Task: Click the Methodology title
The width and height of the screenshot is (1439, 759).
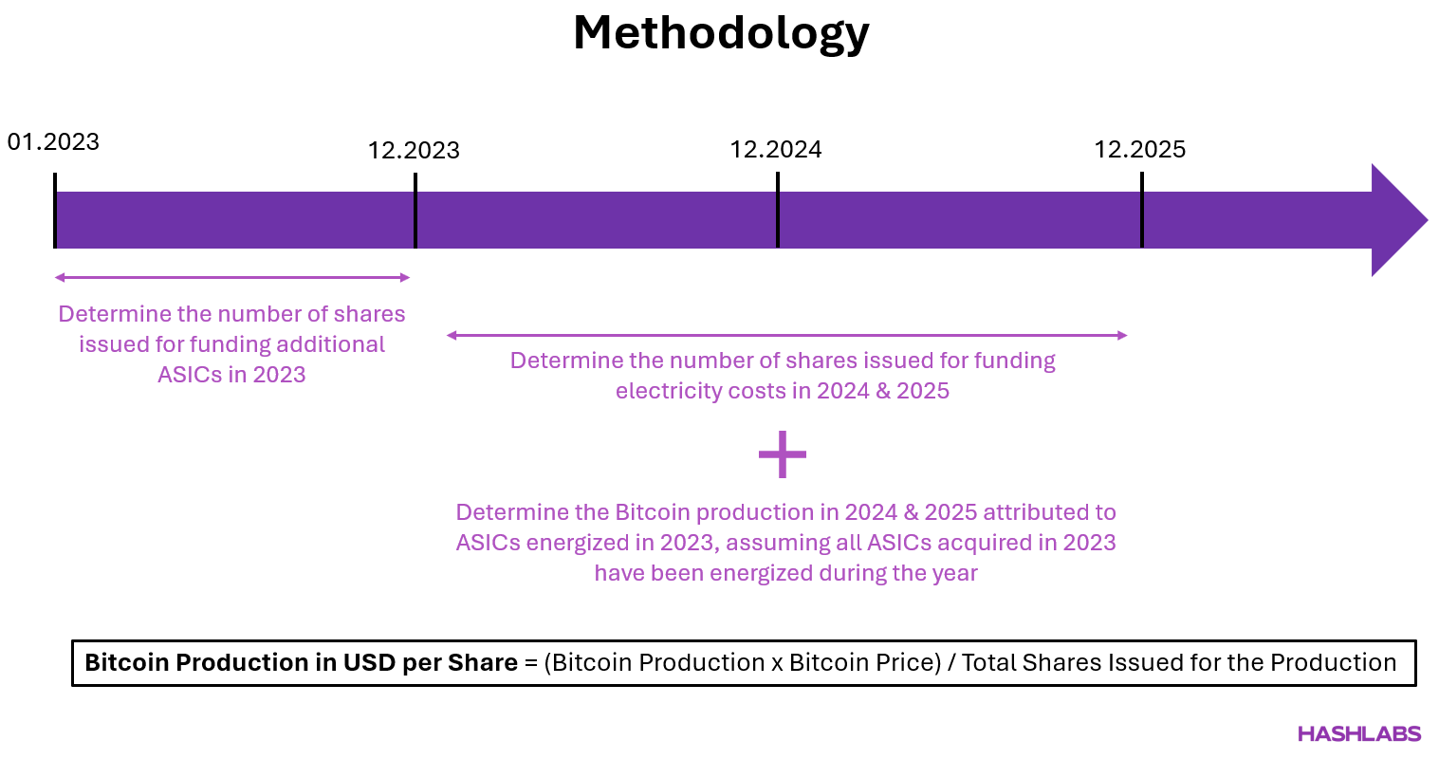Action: [x=721, y=33]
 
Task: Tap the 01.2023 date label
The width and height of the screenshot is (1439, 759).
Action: [x=53, y=142]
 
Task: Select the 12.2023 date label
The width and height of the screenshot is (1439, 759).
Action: [x=414, y=151]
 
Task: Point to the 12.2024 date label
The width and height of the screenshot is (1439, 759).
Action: [x=775, y=150]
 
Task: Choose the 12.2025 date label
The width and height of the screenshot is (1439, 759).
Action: [x=1139, y=150]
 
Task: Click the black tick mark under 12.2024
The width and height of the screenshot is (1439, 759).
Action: [x=778, y=210]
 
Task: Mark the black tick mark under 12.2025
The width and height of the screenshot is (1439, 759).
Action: [x=1141, y=210]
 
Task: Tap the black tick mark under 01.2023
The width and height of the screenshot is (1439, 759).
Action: [x=55, y=211]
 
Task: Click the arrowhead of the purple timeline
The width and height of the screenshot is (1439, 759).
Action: [x=1397, y=220]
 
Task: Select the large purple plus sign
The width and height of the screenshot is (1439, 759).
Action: [x=783, y=455]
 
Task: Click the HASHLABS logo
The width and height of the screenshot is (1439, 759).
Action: [x=1358, y=734]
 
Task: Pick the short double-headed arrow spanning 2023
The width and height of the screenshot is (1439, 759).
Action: [x=232, y=278]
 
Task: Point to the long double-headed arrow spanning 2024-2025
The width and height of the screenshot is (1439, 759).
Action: [x=786, y=335]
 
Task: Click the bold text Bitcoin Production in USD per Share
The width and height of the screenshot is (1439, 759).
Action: [x=301, y=662]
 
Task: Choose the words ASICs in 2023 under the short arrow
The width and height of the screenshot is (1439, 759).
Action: [x=231, y=375]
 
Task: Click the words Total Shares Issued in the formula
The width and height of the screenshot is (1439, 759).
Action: [x=1061, y=662]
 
